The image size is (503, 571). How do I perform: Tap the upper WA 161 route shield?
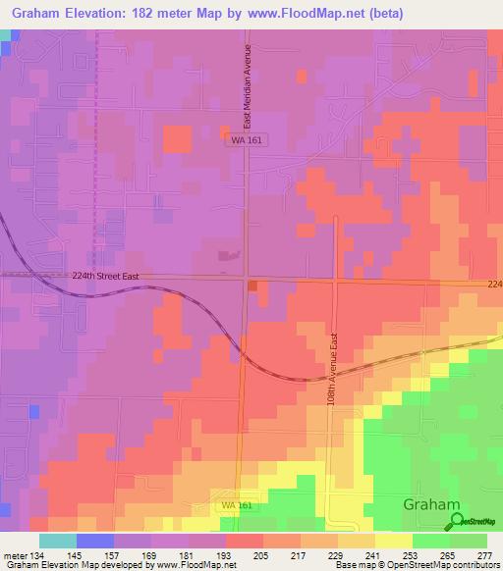pyautogui.click(x=248, y=141)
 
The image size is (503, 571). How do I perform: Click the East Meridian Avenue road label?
pyautogui.click(x=249, y=86)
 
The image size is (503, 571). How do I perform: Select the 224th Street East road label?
pyautogui.click(x=98, y=277)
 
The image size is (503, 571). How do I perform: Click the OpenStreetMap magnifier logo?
pyautogui.click(x=454, y=522)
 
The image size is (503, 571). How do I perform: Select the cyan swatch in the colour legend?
pyautogui.click(x=57, y=540)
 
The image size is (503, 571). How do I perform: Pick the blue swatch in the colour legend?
pyautogui.click(x=94, y=540)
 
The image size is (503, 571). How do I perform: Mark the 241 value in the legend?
pyautogui.click(x=371, y=556)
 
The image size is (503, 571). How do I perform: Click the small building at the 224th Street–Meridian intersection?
pyautogui.click(x=253, y=285)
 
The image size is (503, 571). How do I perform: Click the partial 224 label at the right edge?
pyautogui.click(x=494, y=285)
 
